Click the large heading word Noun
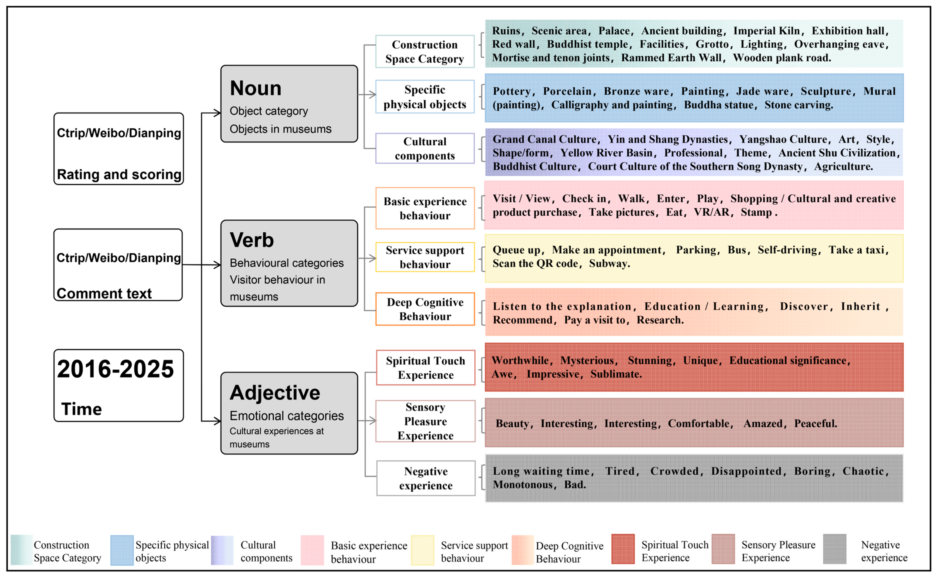click(x=256, y=88)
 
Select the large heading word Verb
click(x=252, y=240)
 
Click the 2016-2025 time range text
click(x=115, y=369)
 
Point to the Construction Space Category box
click(x=425, y=52)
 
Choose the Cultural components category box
click(x=425, y=148)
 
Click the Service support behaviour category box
click(x=425, y=257)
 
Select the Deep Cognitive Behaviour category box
click(x=425, y=309)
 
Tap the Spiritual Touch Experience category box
click(x=425, y=367)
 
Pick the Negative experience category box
click(x=425, y=478)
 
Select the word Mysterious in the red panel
click(x=587, y=361)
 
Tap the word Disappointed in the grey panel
click(x=746, y=471)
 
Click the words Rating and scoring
click(x=119, y=174)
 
